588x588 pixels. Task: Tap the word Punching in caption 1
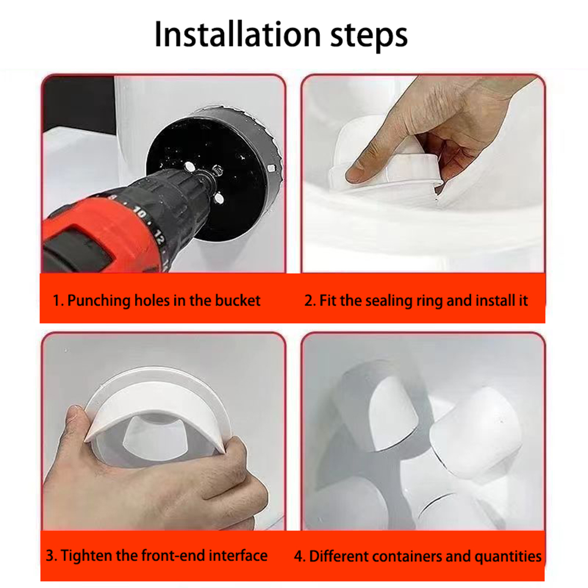point(98,301)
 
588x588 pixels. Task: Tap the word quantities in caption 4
point(508,556)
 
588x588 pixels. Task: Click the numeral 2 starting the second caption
point(309,301)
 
